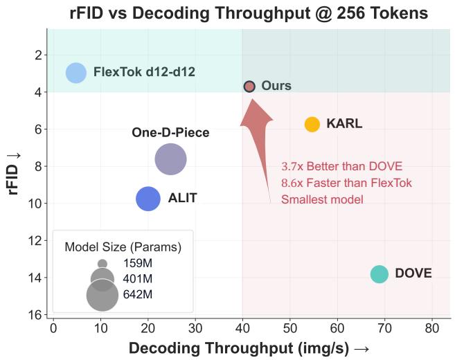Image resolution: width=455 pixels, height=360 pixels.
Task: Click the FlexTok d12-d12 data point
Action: [x=76, y=73]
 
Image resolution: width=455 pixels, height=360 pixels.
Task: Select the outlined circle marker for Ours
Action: [x=249, y=87]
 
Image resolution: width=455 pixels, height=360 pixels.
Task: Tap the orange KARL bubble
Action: [x=312, y=125]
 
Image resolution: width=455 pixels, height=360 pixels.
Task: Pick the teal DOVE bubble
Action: [x=380, y=274]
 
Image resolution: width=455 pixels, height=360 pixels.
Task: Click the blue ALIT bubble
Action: [x=148, y=199]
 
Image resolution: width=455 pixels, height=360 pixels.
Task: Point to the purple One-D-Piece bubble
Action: [x=170, y=159]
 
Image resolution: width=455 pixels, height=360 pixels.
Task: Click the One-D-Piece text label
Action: [x=170, y=132]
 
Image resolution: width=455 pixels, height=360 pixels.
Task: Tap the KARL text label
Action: [x=344, y=124]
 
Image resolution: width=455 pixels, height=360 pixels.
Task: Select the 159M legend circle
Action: [x=102, y=264]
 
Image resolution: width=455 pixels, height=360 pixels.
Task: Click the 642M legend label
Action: [x=138, y=294]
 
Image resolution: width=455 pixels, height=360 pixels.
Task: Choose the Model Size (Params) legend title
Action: [x=123, y=247]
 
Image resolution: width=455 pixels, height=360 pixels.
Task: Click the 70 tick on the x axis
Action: [x=384, y=328]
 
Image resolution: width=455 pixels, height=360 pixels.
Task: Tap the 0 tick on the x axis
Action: [x=53, y=328]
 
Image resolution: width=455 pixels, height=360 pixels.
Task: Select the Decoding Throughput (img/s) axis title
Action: [x=249, y=348]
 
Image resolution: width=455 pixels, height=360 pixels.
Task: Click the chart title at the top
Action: [x=249, y=13]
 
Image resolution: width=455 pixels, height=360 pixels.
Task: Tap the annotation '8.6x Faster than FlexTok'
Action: [x=346, y=183]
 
